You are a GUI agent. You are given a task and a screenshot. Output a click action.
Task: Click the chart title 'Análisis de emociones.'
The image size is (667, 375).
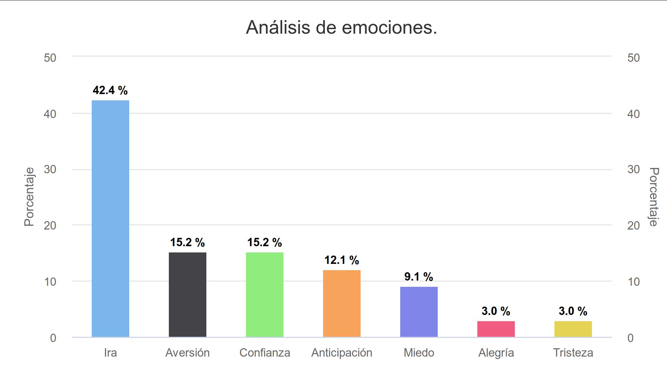coord(341,27)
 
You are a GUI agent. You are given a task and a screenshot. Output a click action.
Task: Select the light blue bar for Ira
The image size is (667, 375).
coord(110,219)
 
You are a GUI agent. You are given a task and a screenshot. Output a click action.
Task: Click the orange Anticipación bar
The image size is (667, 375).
coord(342,303)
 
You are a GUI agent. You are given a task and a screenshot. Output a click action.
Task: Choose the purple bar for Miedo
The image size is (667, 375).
coord(419,312)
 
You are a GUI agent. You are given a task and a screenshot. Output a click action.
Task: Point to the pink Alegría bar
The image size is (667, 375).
coord(496,329)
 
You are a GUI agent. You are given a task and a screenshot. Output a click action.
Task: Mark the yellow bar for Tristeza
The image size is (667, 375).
coord(573,329)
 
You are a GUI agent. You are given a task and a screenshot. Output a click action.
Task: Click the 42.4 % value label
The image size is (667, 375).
coord(110,90)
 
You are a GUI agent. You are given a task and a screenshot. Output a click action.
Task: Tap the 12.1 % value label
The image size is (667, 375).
coord(342,260)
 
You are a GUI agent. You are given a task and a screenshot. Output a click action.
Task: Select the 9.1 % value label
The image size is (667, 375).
coord(419,277)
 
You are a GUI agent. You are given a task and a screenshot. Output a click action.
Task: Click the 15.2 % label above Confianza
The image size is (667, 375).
coord(265,242)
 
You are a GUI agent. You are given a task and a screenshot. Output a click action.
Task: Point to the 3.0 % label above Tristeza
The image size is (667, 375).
coord(573,311)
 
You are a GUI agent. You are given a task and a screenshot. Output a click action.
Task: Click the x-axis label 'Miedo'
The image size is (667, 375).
coord(419,353)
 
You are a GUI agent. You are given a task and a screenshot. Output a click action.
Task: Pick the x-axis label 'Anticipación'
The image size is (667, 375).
coord(342,353)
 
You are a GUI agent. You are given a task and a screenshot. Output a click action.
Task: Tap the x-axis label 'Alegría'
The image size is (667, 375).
coord(496,353)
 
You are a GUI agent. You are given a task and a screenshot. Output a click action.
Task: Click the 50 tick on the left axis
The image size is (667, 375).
coord(50,58)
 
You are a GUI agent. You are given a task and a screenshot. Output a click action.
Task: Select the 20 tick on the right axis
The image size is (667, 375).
coord(634,226)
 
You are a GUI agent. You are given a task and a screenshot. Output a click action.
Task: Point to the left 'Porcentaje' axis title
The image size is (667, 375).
coord(29,197)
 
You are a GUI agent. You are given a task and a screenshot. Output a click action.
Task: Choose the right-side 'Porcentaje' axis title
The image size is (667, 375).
coord(654,197)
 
